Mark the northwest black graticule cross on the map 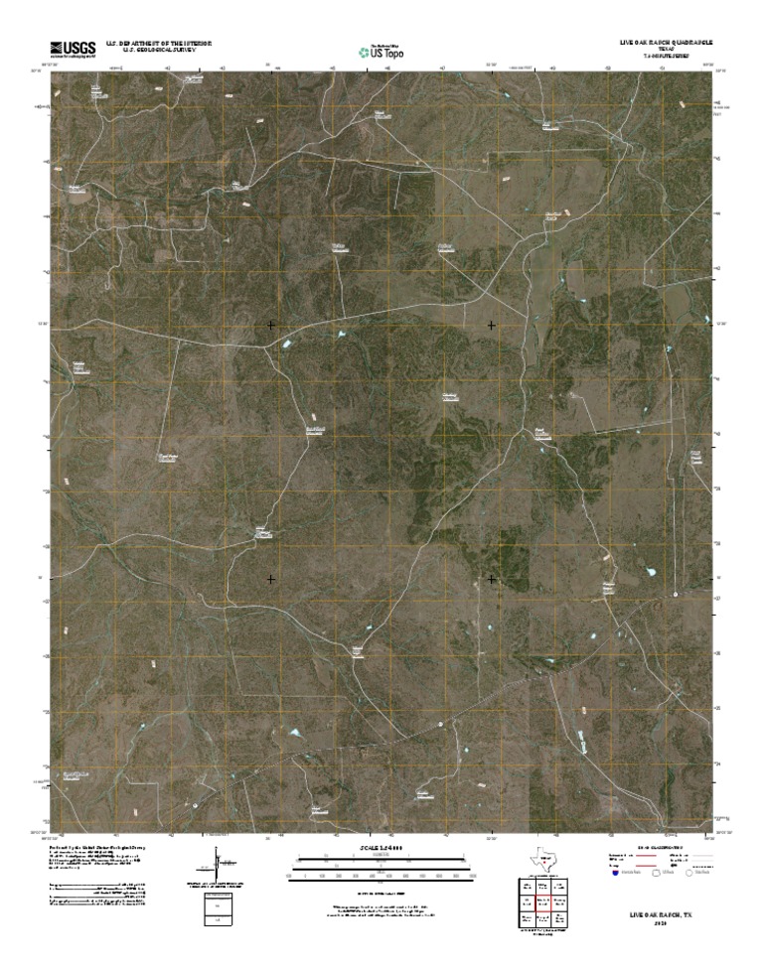pyautogui.click(x=271, y=325)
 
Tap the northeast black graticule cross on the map pyautogui.click(x=492, y=325)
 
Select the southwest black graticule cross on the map pyautogui.click(x=271, y=578)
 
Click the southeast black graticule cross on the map pyautogui.click(x=492, y=578)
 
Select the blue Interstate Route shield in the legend pyautogui.click(x=615, y=876)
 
